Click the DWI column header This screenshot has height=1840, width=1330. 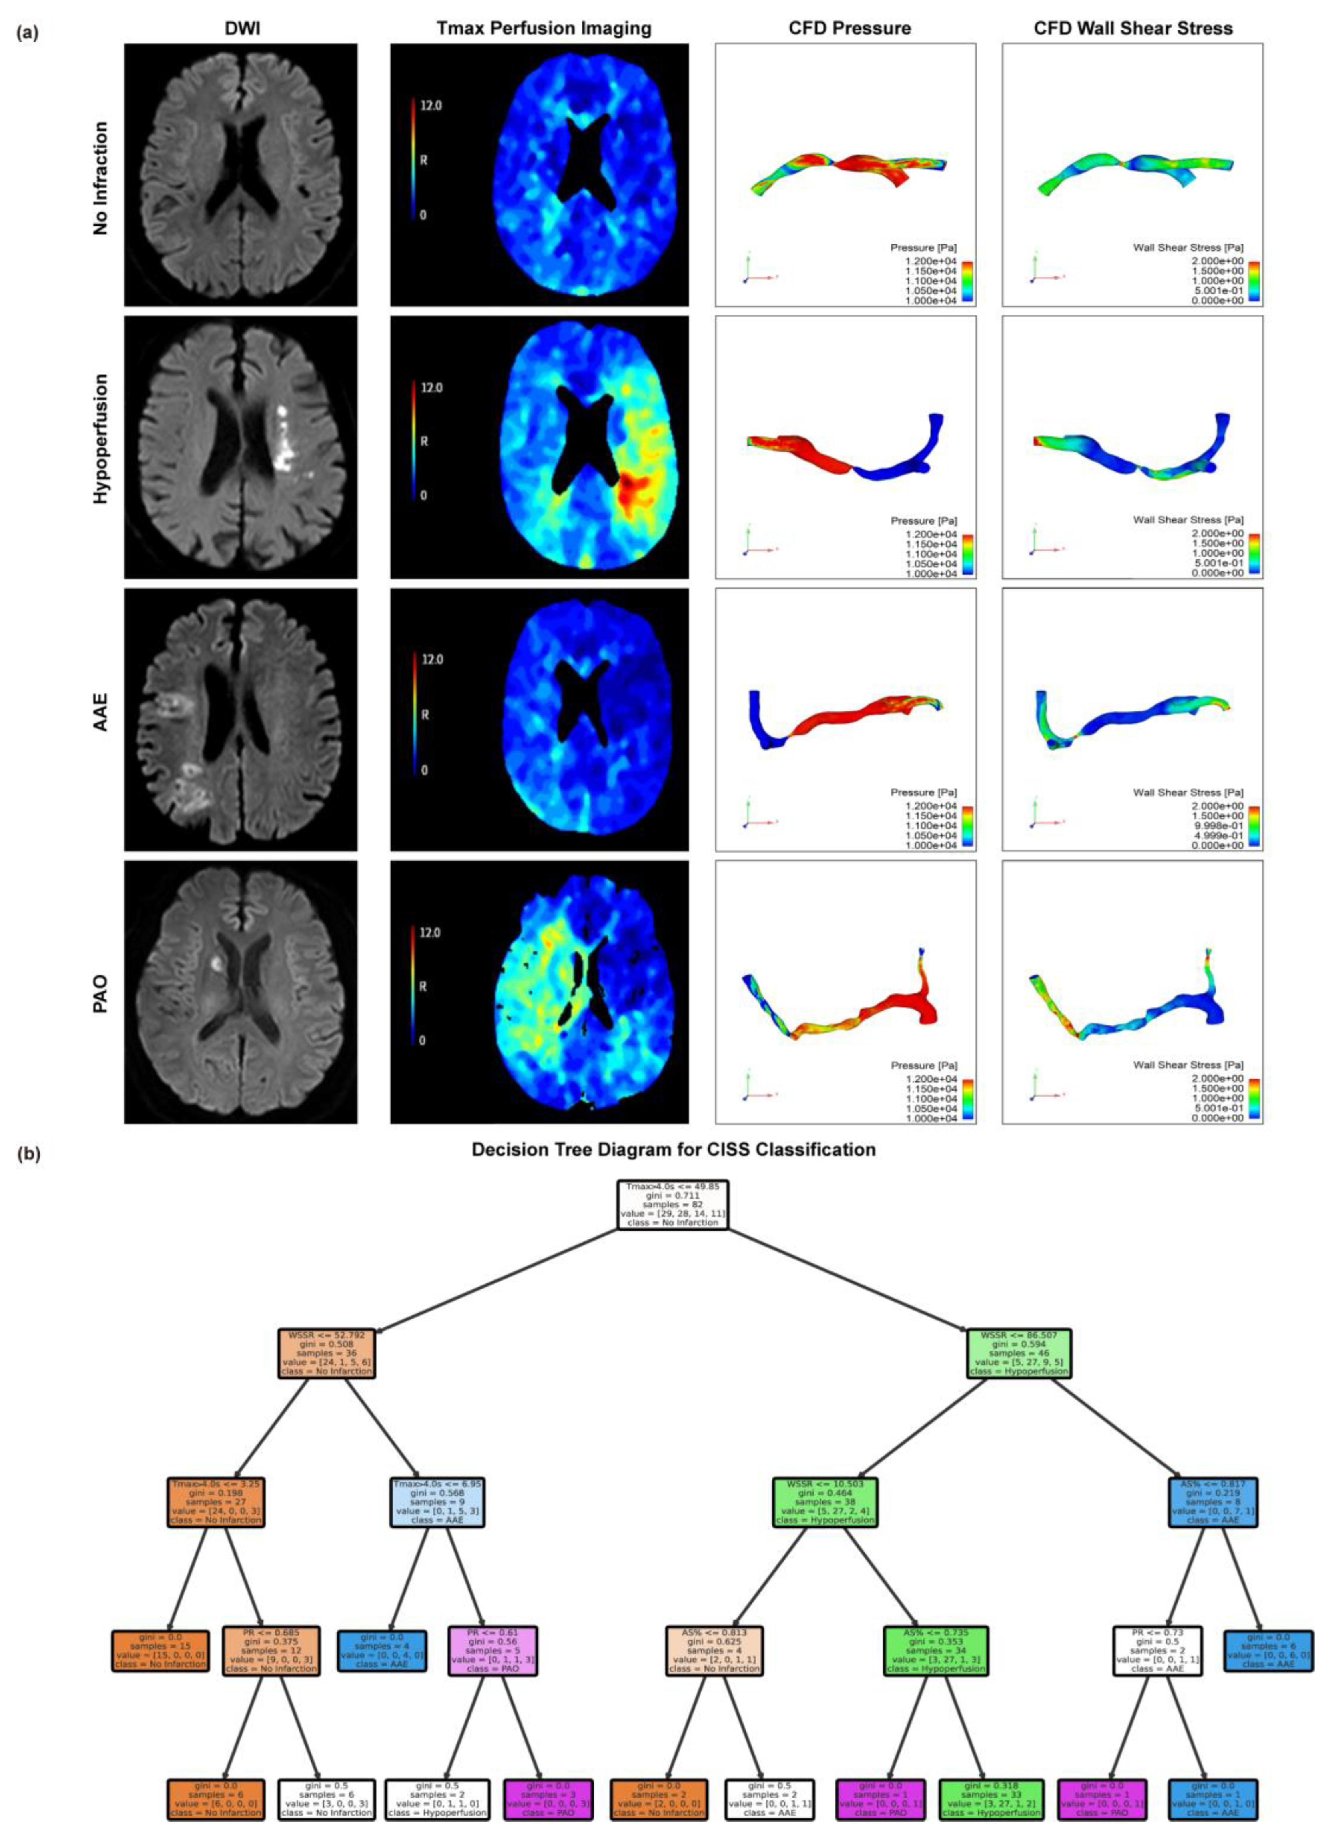pyautogui.click(x=240, y=28)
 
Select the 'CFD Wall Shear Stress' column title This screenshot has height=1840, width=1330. pyautogui.click(x=1133, y=28)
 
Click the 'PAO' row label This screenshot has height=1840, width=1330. pyautogui.click(x=100, y=991)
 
